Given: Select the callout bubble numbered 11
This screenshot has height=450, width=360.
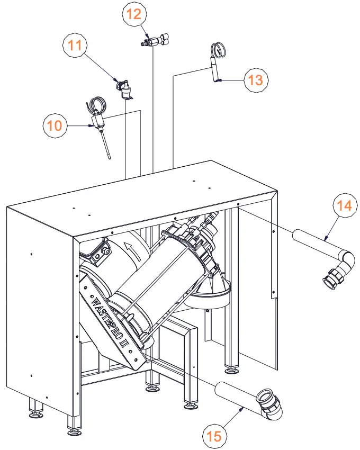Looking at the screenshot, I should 76,46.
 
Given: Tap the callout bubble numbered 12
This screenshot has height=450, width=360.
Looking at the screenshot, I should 134,14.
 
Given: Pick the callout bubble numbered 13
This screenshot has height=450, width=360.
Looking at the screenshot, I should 256,80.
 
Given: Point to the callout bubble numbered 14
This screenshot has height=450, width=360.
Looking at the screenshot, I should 345,205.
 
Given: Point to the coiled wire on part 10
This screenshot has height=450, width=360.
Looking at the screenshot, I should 97,104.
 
